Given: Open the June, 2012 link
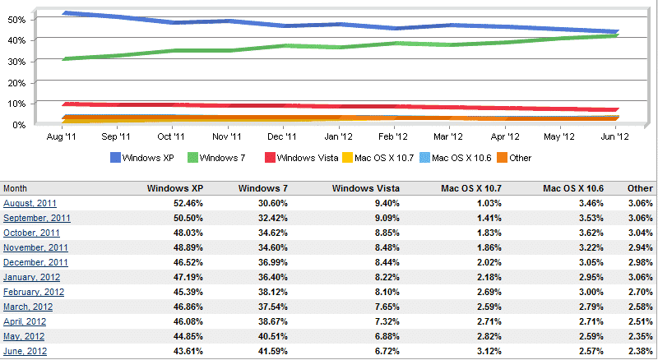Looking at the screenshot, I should (x=25, y=351).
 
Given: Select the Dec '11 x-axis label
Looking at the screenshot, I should (x=281, y=137).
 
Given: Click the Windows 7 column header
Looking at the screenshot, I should (x=263, y=188).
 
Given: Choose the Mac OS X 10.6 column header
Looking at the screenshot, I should (x=573, y=188).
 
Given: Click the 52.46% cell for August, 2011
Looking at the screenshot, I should (x=187, y=203).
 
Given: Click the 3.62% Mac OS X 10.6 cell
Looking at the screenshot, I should (x=588, y=233).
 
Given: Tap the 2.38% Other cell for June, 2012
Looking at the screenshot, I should (x=639, y=351).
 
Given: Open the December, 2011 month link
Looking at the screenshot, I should (x=35, y=262).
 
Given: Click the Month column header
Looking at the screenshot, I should (x=16, y=188).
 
